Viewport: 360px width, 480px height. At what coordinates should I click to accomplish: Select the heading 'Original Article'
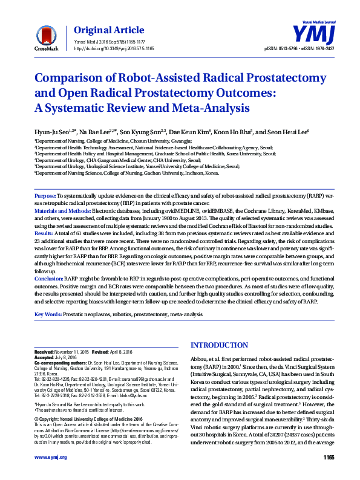tap(109, 30)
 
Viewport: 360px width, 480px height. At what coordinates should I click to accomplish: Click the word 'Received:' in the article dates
tap(45, 352)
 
